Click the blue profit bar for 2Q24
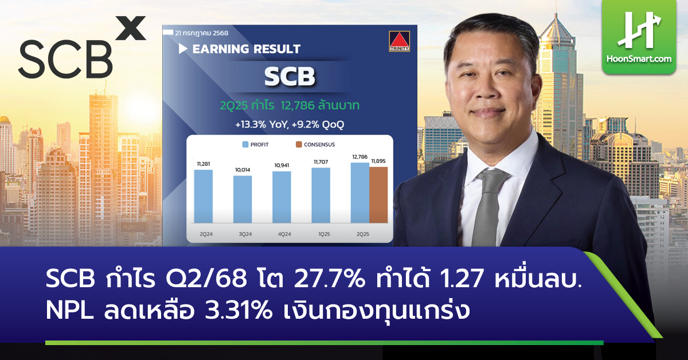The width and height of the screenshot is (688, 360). point(204,196)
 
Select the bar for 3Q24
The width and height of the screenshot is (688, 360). point(243,199)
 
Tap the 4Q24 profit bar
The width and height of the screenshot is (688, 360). point(282,197)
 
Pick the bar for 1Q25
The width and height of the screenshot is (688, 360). point(320,195)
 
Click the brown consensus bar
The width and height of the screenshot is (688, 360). point(378,194)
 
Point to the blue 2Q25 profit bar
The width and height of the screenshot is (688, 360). point(359,193)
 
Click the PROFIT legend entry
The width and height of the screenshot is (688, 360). point(255,144)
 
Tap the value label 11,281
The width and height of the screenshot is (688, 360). point(204,165)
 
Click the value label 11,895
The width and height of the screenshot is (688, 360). point(378,161)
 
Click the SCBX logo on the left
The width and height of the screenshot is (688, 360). point(80,52)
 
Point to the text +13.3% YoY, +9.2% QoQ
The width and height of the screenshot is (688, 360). point(290,123)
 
